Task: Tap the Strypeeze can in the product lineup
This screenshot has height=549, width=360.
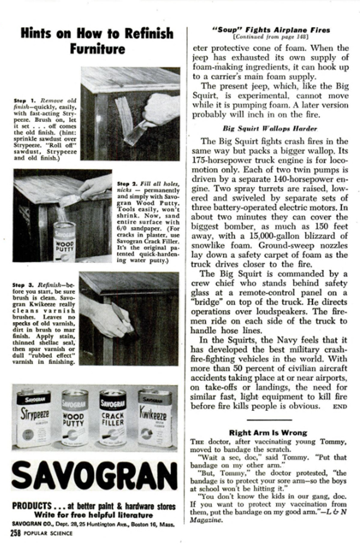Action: (x=33, y=419)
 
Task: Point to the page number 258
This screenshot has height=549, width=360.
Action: (x=16, y=534)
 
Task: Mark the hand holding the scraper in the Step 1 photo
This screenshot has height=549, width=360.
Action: (x=160, y=108)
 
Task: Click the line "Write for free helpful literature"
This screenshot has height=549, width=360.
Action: (x=91, y=514)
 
